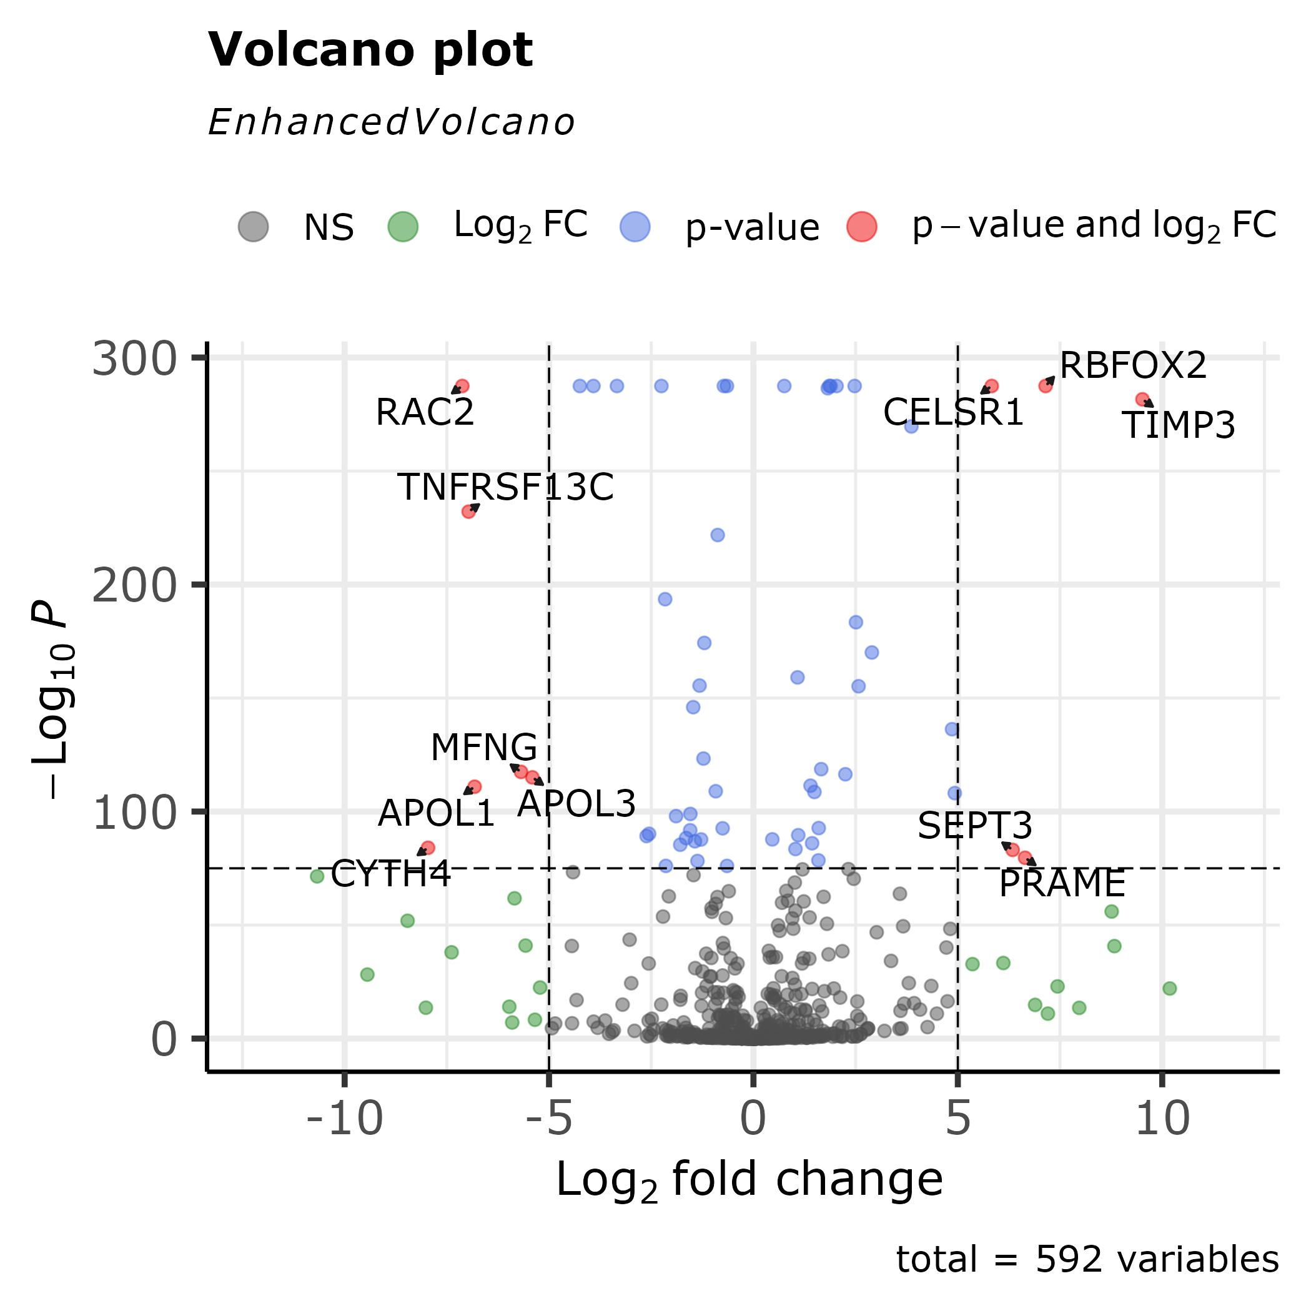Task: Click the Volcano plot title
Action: (x=370, y=50)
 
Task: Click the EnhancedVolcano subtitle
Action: (x=392, y=123)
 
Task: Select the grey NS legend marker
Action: (x=253, y=226)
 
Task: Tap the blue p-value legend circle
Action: (x=635, y=226)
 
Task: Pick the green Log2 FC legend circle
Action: (x=402, y=226)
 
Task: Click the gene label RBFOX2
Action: (x=1132, y=366)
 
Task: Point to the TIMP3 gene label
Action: (x=1179, y=425)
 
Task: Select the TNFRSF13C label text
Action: (x=505, y=487)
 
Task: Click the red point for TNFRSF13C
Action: (x=468, y=512)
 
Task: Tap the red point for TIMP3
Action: (x=1142, y=399)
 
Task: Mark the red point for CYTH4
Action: (x=427, y=848)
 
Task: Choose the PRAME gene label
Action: (x=1062, y=884)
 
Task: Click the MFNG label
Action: (x=484, y=748)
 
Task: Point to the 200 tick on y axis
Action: (x=134, y=586)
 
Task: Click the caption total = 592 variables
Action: (x=1087, y=1259)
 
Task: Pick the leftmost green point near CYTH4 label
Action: (x=317, y=876)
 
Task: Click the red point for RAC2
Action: (x=462, y=386)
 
